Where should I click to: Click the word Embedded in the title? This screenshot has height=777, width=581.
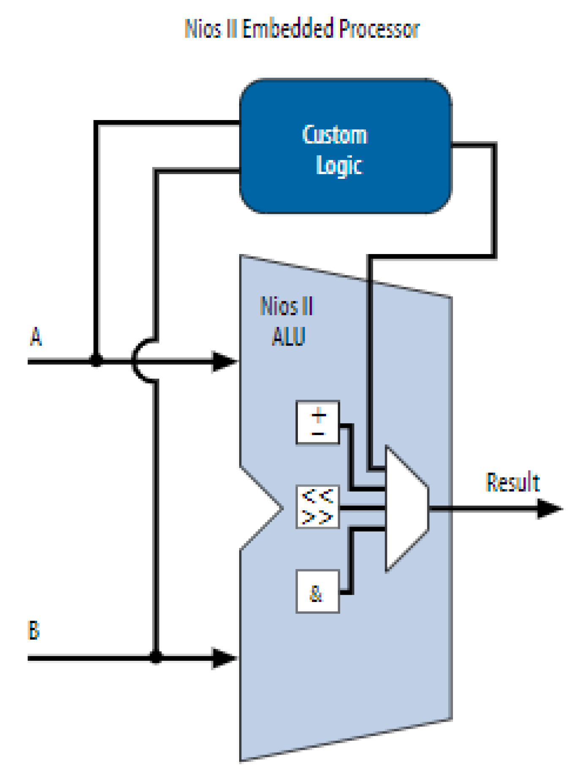click(287, 29)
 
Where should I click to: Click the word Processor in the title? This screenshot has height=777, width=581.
click(379, 29)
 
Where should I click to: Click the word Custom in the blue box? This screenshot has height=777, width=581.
click(335, 135)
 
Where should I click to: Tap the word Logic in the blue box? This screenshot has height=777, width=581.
click(339, 166)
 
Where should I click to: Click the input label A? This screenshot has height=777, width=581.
click(36, 337)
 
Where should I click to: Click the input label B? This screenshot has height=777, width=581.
click(34, 630)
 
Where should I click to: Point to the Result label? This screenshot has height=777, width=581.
click(513, 482)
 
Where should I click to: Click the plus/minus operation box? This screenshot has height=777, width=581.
click(317, 422)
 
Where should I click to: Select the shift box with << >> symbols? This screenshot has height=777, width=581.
click(317, 507)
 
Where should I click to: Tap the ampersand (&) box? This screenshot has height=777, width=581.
click(317, 591)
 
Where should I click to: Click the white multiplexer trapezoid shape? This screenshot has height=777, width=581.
click(405, 509)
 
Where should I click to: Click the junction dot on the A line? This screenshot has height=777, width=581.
click(96, 361)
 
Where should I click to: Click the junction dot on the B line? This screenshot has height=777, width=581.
click(156, 657)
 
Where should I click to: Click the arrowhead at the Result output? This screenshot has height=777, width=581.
click(549, 509)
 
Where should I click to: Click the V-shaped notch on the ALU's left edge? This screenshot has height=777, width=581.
click(270, 509)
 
